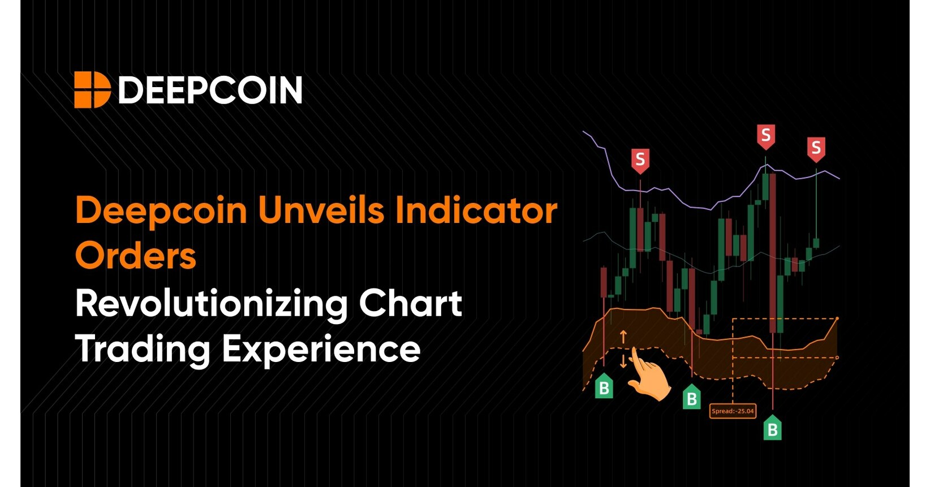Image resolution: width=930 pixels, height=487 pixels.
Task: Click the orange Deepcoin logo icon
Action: point(92,90)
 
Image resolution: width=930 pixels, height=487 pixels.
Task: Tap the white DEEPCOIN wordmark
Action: point(210,90)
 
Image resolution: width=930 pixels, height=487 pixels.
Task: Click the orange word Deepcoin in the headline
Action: point(161,211)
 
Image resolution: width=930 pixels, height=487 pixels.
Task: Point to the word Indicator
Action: point(476,210)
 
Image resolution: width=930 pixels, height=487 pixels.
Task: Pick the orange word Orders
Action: point(136,256)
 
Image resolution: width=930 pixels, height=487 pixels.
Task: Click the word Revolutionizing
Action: point(212,304)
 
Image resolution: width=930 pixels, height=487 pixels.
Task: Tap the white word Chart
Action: point(410,303)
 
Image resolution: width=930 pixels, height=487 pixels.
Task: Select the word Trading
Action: point(143,350)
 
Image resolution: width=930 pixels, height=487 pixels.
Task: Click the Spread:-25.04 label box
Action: point(733,411)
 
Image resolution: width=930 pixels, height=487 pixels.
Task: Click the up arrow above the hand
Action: point(623,337)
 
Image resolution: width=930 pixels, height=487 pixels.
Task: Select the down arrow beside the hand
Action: point(623,361)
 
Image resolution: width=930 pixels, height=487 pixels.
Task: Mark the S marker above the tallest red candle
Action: point(765,136)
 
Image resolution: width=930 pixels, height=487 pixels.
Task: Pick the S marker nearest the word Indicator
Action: point(640,160)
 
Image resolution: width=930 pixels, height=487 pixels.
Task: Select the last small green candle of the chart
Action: point(816,243)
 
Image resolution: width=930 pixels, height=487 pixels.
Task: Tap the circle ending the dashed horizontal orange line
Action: point(837,357)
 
